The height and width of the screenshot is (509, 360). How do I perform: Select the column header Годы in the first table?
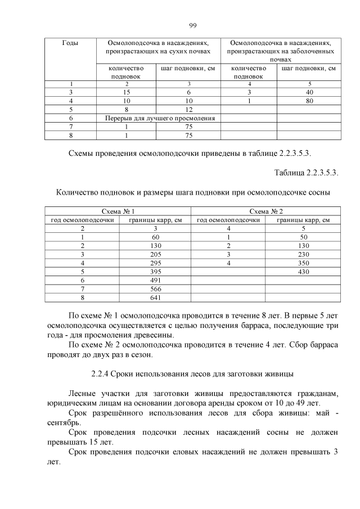[x=70, y=43]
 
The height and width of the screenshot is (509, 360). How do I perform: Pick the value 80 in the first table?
[x=309, y=101]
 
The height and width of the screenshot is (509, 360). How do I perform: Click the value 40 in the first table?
[x=309, y=92]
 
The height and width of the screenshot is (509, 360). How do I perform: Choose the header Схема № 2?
[x=265, y=211]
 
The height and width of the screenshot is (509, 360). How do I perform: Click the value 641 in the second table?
[x=155, y=298]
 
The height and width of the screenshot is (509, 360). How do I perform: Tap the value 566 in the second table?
[x=155, y=289]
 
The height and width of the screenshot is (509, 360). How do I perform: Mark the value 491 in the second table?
[x=155, y=280]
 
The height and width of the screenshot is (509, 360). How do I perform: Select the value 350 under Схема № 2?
[x=303, y=263]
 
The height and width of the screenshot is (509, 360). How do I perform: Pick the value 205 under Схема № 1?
[x=155, y=254]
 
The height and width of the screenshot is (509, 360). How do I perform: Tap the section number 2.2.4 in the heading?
[x=101, y=374]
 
